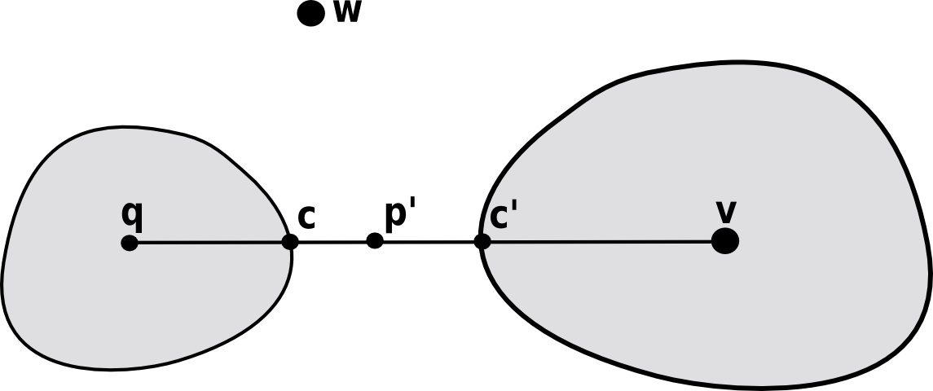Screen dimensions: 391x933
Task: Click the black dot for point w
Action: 310,14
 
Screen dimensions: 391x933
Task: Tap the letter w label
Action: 347,14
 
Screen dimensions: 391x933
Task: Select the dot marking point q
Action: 130,243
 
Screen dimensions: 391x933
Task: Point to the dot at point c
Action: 290,242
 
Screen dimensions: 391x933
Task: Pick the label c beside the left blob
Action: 306,217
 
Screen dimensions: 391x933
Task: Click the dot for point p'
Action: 375,240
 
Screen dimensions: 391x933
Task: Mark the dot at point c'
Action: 482,241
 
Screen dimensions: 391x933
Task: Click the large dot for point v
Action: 724,241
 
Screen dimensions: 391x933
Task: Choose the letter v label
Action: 726,212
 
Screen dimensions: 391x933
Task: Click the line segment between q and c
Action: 209,242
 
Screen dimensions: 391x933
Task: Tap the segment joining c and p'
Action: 332,242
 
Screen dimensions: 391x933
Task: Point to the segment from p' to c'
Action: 429,241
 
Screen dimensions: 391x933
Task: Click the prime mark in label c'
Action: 516,208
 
